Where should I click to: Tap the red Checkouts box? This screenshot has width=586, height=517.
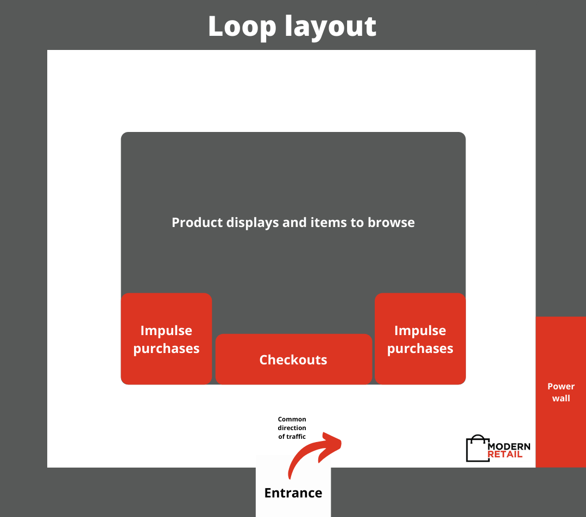click(293, 360)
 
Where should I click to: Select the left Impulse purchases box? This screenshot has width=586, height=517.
click(166, 339)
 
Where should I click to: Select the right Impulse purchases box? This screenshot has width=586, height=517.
click(420, 339)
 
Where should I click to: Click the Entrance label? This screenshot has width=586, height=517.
click(293, 493)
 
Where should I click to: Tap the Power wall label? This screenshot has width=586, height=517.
click(561, 392)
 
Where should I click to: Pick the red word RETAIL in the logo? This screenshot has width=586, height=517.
click(505, 454)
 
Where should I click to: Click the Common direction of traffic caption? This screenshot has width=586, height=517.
click(292, 428)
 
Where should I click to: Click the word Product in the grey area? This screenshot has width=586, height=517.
click(194, 223)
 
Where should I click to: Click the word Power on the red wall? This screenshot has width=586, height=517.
click(561, 387)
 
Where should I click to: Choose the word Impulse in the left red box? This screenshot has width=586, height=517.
click(166, 331)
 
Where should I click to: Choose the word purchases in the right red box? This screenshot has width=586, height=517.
click(420, 348)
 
